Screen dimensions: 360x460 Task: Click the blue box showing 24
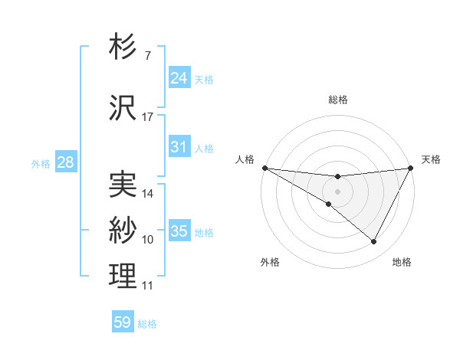pos(179,77)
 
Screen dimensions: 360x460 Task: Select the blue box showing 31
pos(179,147)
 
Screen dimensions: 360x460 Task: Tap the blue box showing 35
pos(179,231)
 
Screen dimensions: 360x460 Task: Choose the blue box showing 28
pos(65,162)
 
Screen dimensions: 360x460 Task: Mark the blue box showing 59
pos(123,322)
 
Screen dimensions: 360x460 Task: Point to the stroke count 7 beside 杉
pos(147,56)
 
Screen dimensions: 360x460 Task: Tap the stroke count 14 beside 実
pos(148,194)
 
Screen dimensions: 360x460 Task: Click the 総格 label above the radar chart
pos(338,100)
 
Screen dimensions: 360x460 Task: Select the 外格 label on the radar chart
pos(271,262)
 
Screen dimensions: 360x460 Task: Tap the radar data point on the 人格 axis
pos(264,168)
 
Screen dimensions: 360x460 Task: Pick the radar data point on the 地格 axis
pos(374,241)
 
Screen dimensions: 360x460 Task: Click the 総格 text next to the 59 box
pos(147,324)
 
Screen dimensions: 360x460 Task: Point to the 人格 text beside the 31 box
pos(204,149)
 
